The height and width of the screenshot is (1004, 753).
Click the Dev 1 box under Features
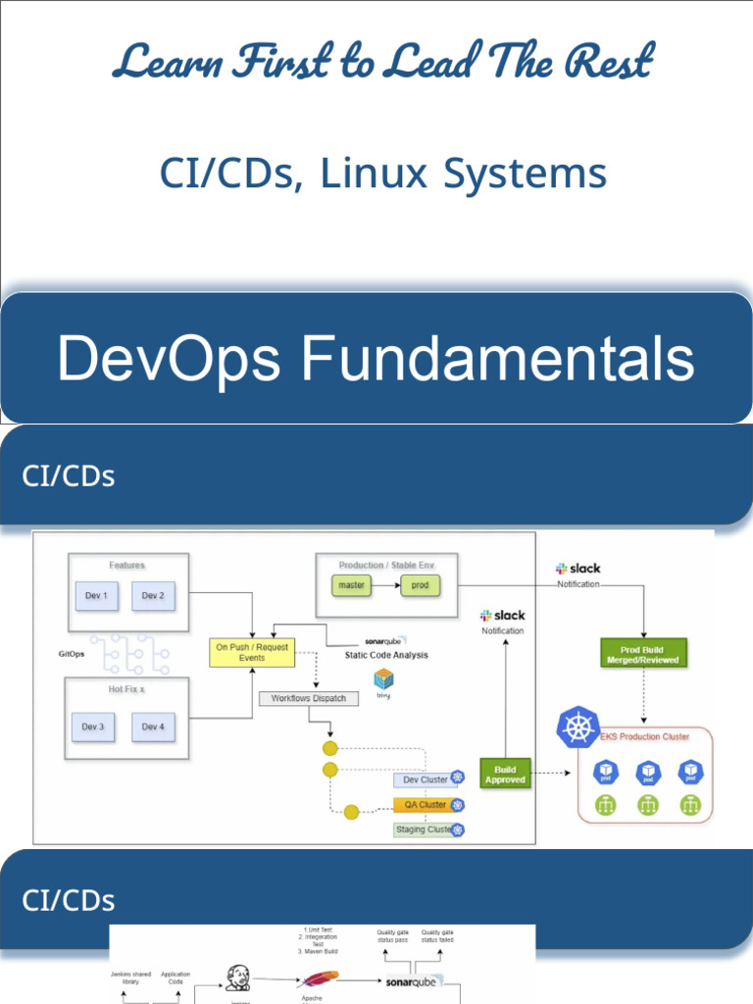tap(98, 595)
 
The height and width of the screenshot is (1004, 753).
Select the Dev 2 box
tap(153, 595)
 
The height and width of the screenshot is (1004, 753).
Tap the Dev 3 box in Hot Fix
tap(93, 727)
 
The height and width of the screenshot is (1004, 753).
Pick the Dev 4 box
tap(153, 727)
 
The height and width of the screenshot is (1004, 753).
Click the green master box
tap(351, 585)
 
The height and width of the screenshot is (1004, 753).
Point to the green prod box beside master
tap(420, 585)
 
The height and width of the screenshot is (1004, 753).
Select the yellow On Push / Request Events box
tap(252, 653)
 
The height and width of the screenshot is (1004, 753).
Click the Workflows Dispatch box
tap(309, 698)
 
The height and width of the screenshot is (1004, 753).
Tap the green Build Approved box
tap(505, 774)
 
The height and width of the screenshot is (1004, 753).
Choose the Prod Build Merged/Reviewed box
tap(642, 654)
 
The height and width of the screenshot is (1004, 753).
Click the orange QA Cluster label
tap(422, 805)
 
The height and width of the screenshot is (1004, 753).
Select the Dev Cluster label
tap(422, 779)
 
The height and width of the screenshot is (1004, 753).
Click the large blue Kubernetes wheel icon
tap(577, 728)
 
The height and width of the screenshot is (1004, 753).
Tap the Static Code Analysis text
tap(386, 655)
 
